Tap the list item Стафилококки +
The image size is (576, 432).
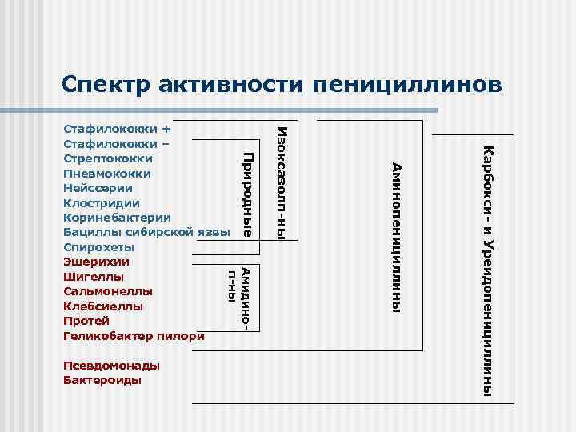point(117,128)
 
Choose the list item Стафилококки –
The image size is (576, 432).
point(116,143)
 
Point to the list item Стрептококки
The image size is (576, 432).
point(108,158)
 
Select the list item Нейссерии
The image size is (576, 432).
point(98,187)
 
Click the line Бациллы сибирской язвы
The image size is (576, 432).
point(146,232)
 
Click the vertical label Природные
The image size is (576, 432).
point(248,194)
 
